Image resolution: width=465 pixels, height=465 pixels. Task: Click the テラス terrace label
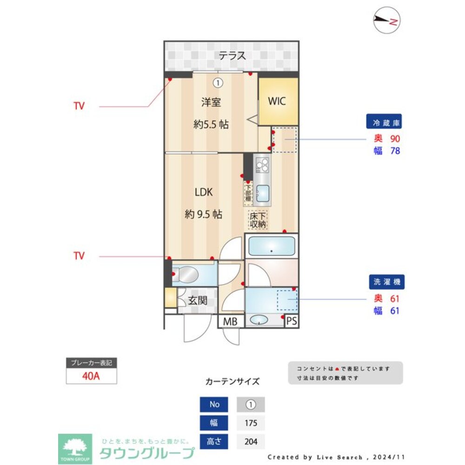pos(232,56)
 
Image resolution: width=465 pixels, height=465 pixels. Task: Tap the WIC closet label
pos(277,101)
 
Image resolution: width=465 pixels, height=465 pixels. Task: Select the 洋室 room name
pos(211,102)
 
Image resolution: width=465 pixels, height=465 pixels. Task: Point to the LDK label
pos(203,192)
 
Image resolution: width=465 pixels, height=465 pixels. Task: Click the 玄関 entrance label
pos(198,301)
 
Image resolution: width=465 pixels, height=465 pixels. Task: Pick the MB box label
pos(230,321)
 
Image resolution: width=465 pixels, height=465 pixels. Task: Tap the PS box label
pos(291,321)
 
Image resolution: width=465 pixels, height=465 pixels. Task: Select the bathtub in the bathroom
pos(272,246)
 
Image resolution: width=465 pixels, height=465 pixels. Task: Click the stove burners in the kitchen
pos(262,165)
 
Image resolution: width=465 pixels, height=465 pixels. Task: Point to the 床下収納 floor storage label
pos(258,219)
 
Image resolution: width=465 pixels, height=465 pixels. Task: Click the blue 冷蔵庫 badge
pos(384,123)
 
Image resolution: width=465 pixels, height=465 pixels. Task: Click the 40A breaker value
pos(91,376)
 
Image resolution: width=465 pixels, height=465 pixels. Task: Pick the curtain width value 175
pos(251,423)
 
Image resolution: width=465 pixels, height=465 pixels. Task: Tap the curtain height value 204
pos(251,441)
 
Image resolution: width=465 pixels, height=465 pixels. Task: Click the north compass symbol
pos(387,21)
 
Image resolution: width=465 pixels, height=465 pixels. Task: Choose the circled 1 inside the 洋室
pos(217,83)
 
